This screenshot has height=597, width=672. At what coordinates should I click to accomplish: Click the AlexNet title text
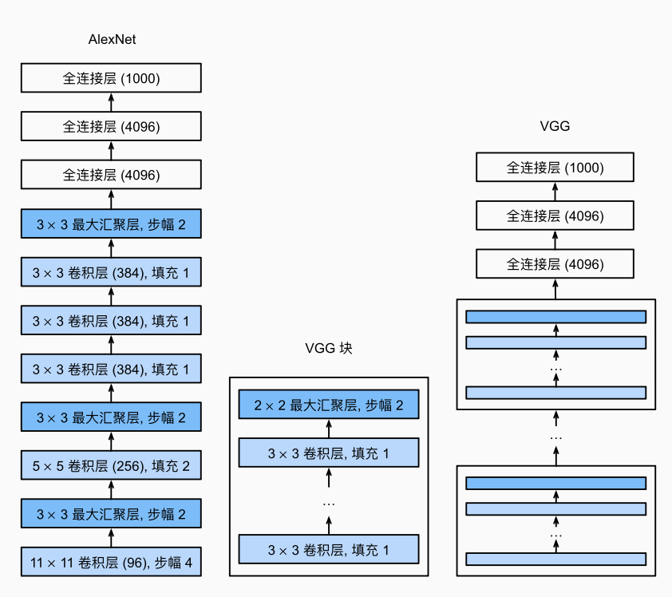[111, 39]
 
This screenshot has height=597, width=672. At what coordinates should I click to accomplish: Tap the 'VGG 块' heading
[328, 348]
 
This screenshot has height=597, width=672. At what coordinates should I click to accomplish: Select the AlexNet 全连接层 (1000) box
[111, 79]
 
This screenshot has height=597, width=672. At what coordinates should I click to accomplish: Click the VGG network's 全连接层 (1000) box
[555, 168]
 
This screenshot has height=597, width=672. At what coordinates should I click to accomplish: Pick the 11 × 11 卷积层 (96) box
[111, 562]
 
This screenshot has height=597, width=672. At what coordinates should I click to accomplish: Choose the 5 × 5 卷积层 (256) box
[111, 465]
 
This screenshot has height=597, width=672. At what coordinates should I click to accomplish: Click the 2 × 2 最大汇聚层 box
[329, 405]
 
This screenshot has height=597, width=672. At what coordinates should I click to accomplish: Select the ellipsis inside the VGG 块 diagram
[329, 503]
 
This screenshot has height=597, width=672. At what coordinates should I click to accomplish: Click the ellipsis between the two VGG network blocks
[556, 437]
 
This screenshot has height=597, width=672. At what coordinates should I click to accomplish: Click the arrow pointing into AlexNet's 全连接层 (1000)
[111, 102]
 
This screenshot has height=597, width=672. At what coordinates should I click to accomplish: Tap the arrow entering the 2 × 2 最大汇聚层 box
[329, 429]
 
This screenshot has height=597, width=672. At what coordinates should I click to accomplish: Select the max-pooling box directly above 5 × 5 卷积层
[111, 417]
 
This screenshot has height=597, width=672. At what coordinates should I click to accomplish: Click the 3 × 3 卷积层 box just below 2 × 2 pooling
[329, 453]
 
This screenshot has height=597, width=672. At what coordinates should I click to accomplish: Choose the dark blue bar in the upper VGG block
[555, 317]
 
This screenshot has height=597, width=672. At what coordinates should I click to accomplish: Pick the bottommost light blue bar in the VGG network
[555, 559]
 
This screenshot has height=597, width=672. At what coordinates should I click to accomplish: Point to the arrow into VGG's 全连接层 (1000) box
[555, 192]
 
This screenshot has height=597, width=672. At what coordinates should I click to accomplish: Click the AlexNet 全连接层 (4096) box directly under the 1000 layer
[111, 127]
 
